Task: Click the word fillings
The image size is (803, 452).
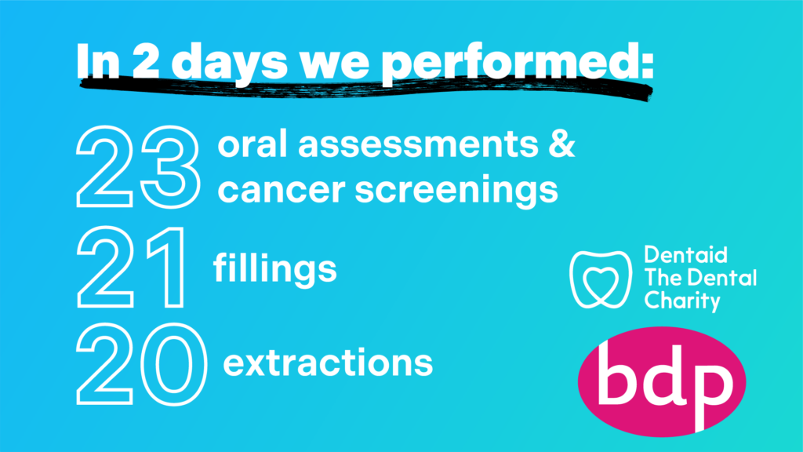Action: [x=275, y=268]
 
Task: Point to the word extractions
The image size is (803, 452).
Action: [x=328, y=363]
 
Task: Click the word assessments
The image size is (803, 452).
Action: [x=418, y=145]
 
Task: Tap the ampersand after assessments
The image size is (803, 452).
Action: [x=562, y=144]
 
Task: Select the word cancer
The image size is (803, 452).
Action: [x=282, y=190]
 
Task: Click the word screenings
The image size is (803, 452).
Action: [x=456, y=191]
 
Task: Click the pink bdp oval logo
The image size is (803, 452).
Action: [x=662, y=381]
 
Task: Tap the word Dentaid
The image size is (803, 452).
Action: [x=685, y=255]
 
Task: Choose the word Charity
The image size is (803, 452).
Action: [x=682, y=301]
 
